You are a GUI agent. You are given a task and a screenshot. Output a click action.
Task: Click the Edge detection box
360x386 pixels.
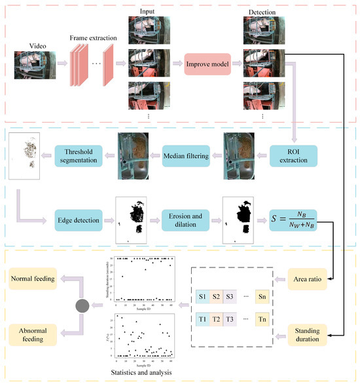[x=77, y=220]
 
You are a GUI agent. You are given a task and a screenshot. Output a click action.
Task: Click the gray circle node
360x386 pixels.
[x=82, y=305]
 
